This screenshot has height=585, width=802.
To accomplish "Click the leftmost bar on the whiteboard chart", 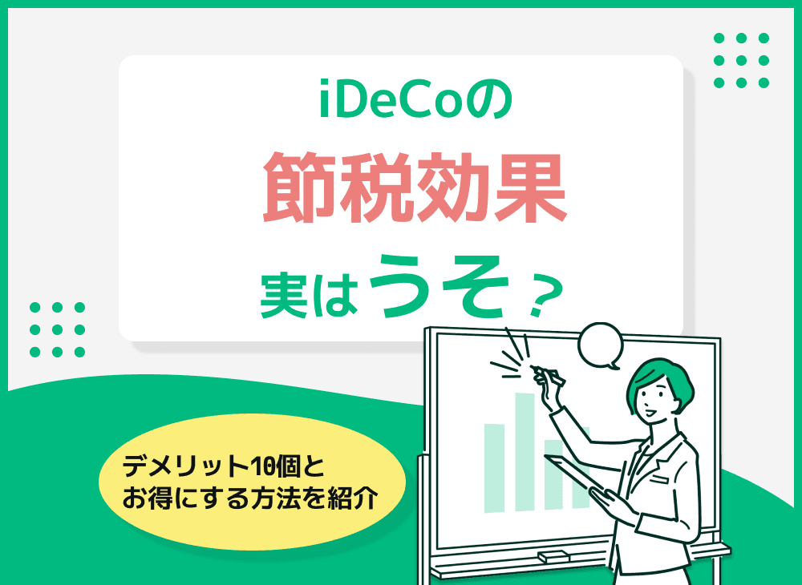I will (x=495, y=467).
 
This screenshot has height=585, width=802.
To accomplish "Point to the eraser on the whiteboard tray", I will (x=553, y=555).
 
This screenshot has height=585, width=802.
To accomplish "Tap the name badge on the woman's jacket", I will (x=660, y=478).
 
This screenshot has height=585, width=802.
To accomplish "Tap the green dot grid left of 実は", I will (x=57, y=329).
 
